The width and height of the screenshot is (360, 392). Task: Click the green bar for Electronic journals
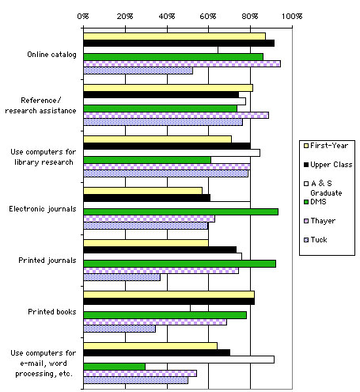pos(180,211)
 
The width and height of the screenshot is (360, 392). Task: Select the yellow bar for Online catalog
pos(174,36)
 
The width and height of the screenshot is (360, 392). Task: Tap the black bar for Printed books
pos(169,302)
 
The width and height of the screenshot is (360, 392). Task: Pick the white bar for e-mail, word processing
pos(178,360)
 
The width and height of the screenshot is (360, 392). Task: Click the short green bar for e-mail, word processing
pos(114,367)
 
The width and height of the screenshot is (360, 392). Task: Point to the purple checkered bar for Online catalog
pos(181,63)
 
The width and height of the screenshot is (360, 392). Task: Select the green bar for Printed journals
pos(179,263)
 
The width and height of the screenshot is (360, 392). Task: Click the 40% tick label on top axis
pos(166,14)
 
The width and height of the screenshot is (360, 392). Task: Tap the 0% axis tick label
pos(83,14)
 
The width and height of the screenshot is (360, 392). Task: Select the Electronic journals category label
pos(43,208)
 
